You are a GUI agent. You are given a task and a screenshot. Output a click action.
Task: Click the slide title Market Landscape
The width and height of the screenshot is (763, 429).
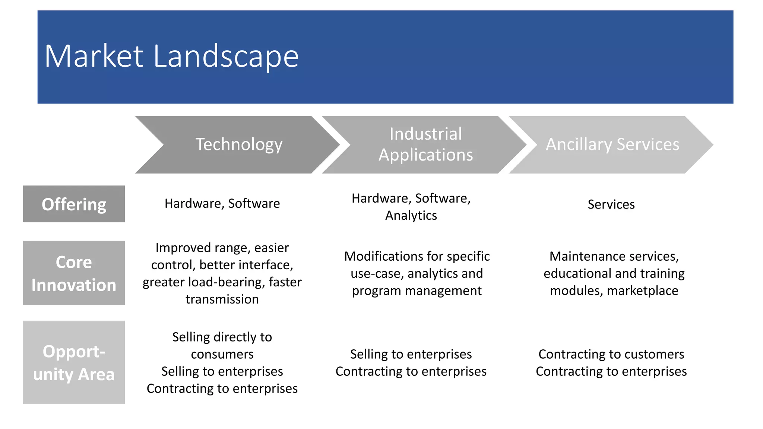171,56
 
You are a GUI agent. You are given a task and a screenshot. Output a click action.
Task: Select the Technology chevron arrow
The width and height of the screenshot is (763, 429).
238,144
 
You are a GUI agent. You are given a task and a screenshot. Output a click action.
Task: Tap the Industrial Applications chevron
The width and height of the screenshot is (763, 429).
425,144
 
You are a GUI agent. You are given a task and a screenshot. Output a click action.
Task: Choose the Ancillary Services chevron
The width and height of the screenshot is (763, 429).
612,144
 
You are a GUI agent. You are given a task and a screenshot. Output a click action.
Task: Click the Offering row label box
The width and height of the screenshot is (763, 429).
74,204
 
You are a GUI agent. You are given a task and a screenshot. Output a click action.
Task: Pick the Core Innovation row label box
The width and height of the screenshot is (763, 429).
74,273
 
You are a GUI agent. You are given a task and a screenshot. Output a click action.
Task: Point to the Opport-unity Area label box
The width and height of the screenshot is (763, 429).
74,362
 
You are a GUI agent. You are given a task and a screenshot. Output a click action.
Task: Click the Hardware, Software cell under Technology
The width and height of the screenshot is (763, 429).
222,204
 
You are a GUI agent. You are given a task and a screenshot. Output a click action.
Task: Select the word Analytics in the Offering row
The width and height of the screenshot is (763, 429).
411,216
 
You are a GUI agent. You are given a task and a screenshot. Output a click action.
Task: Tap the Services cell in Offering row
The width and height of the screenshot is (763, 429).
611,204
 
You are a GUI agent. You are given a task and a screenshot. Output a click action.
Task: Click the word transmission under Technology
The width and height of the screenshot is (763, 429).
222,299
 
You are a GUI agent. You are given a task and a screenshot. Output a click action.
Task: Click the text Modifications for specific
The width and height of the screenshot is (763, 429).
417,257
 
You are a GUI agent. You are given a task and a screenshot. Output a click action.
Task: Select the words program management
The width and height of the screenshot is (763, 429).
417,291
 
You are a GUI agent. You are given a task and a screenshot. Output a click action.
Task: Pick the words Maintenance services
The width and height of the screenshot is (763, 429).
614,257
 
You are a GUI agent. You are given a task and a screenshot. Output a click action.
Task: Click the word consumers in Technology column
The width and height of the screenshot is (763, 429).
222,354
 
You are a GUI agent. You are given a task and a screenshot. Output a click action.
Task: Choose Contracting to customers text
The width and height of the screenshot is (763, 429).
611,354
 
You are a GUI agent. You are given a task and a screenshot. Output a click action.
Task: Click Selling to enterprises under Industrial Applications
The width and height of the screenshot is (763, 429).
411,354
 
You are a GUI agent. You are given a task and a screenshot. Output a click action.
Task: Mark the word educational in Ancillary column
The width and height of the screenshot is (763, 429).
577,274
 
